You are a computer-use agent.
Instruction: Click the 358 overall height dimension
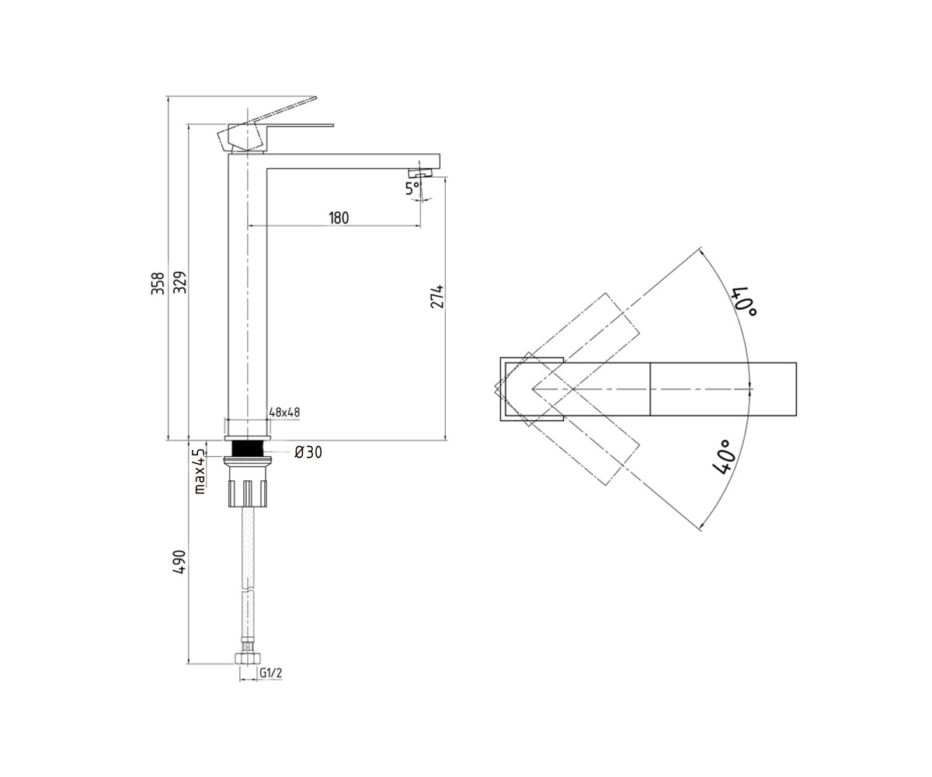[158, 283]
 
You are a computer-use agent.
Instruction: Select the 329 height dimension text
[179, 282]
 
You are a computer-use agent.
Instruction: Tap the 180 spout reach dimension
[339, 218]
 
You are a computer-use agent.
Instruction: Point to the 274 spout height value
[437, 296]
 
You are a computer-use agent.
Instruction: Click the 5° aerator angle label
[412, 189]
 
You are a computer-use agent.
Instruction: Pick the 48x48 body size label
[284, 412]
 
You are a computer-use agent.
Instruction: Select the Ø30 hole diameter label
[308, 452]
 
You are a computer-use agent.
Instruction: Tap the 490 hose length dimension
[179, 562]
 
